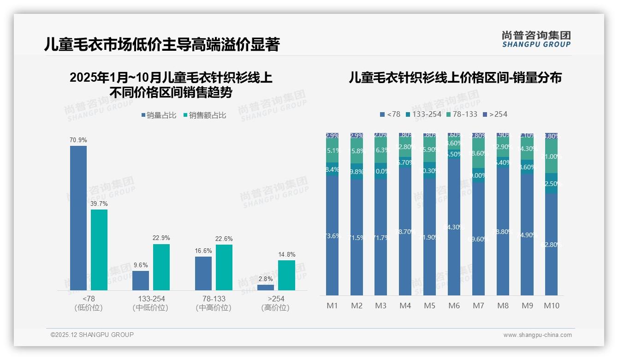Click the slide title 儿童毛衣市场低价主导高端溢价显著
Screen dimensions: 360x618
coord(161,44)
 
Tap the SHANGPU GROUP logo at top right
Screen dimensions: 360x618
coord(536,39)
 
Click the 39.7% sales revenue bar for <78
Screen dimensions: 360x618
coord(99,250)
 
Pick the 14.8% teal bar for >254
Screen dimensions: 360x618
coord(286,275)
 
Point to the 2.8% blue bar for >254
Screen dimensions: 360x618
coord(266,288)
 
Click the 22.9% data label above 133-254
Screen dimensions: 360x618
coord(161,238)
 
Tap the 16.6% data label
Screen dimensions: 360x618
coord(203,251)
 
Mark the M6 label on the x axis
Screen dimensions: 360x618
coord(454,306)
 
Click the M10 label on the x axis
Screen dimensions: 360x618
coord(552,306)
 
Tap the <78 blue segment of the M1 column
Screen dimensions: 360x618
coord(332,235)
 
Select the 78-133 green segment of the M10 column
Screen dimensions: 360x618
coord(552,156)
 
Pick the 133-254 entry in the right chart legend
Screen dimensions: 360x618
coord(423,114)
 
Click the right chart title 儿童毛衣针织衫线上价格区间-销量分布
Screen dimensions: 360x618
coord(455,78)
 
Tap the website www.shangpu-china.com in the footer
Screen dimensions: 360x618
coord(537,335)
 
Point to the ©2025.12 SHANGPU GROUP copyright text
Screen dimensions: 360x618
coord(92,335)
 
